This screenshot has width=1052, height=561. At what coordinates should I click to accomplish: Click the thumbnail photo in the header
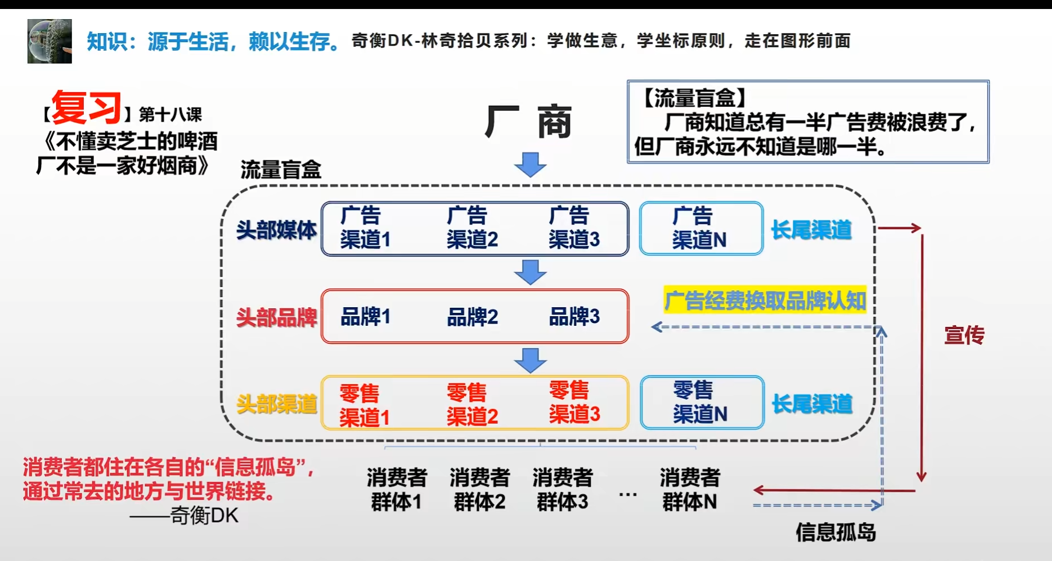pyautogui.click(x=50, y=41)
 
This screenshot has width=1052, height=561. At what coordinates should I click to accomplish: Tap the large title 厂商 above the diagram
pyautogui.click(x=528, y=122)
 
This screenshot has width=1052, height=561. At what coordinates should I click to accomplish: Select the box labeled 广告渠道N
pyautogui.click(x=701, y=228)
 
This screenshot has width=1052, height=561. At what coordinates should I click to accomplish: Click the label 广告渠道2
pyautogui.click(x=472, y=227)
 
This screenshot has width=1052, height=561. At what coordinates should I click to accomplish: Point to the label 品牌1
pyautogui.click(x=365, y=317)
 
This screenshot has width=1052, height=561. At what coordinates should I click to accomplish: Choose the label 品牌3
pyautogui.click(x=574, y=316)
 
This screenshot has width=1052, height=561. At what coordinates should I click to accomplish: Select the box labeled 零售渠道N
pyautogui.click(x=702, y=403)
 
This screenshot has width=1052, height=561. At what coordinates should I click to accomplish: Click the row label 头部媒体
pyautogui.click(x=276, y=230)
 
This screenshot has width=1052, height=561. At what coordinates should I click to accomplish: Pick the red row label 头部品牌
pyautogui.click(x=276, y=318)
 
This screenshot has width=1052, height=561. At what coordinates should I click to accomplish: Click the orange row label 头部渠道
pyautogui.click(x=276, y=404)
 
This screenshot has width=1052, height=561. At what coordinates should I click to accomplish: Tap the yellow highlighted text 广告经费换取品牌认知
pyautogui.click(x=765, y=300)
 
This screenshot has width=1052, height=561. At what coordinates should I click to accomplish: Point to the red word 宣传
pyautogui.click(x=964, y=335)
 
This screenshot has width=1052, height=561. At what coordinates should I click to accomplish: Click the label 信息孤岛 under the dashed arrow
pyautogui.click(x=835, y=532)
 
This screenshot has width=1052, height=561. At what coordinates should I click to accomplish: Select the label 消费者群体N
pyautogui.click(x=690, y=490)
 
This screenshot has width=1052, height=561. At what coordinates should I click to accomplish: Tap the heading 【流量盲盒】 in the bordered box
pyautogui.click(x=693, y=98)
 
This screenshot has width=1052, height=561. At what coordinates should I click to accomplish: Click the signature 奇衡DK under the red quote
pyautogui.click(x=204, y=515)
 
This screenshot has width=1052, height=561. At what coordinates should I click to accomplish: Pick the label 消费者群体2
pyautogui.click(x=480, y=490)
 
